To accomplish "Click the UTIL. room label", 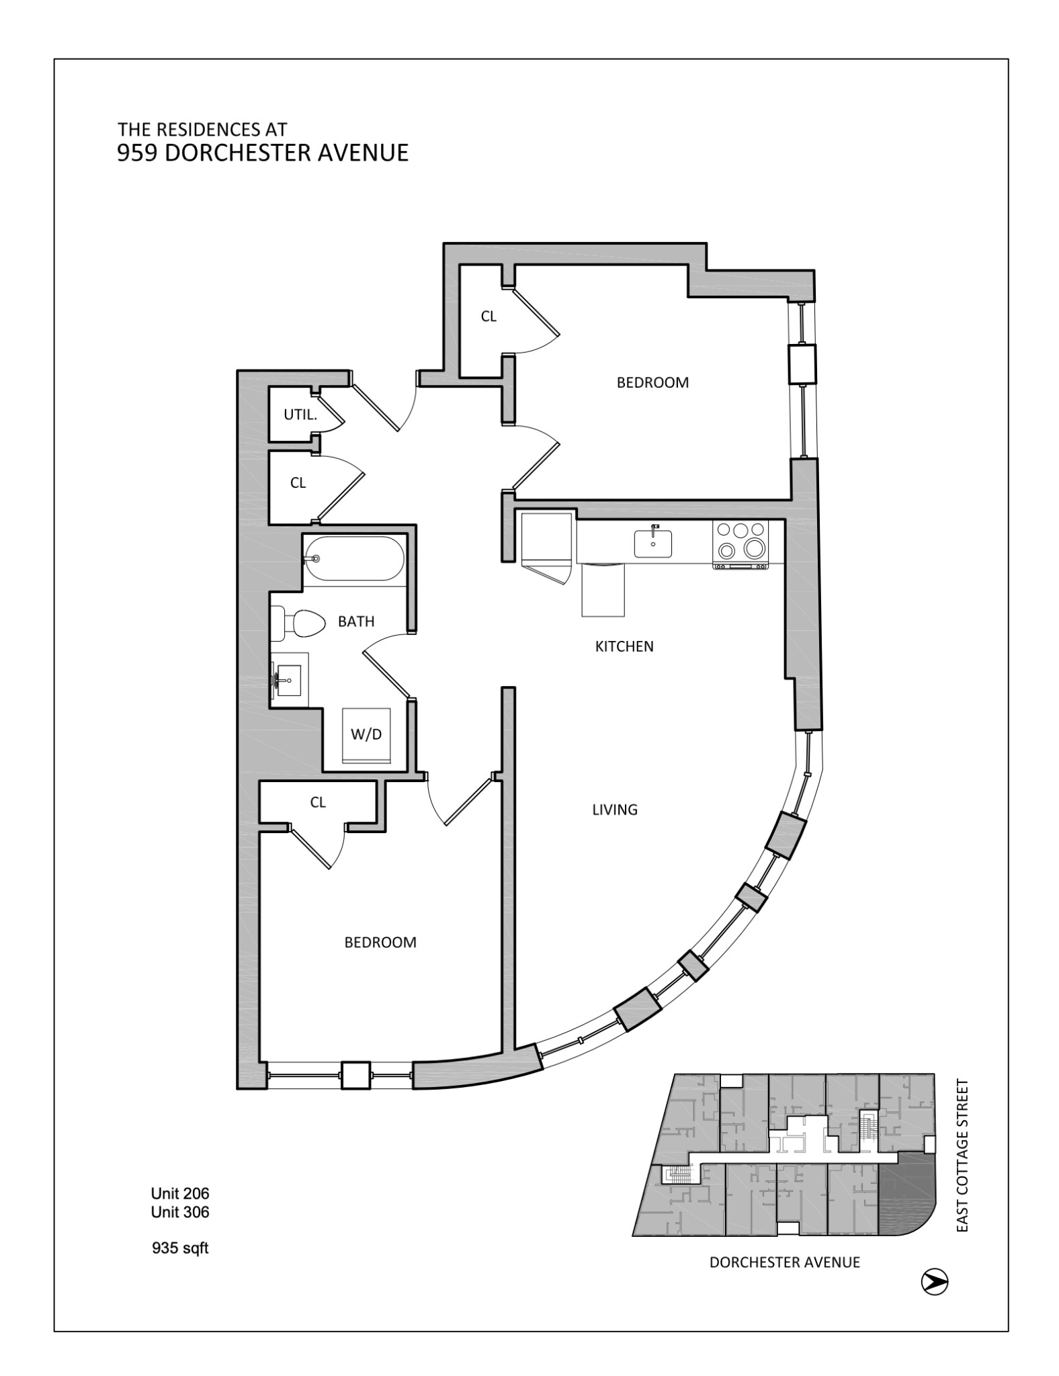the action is tap(300, 415).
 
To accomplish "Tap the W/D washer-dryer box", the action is tap(366, 735).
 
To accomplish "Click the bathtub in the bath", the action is tap(354, 558).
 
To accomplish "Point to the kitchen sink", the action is tap(653, 543).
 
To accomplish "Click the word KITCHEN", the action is tap(624, 646).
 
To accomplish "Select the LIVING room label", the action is tap(615, 810).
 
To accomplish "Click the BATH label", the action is tap(356, 621).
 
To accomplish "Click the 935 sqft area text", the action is tap(180, 1248).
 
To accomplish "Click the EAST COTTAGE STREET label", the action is tap(962, 1156).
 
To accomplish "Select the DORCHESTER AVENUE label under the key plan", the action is tap(785, 1262).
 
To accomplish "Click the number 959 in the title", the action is tap(138, 153).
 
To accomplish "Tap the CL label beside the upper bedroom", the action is tap(489, 316).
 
